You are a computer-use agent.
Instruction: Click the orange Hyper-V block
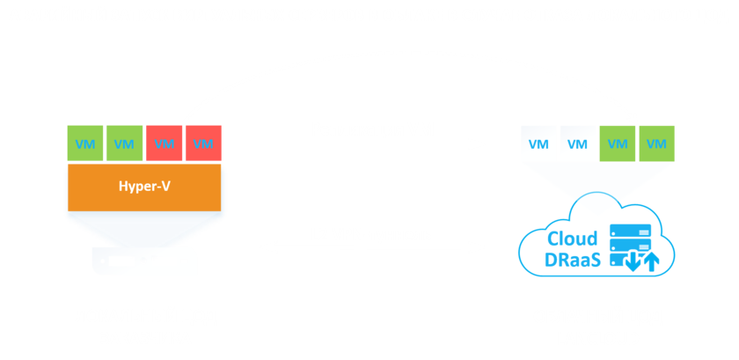point(144,187)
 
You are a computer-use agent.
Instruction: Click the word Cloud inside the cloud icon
point(573,239)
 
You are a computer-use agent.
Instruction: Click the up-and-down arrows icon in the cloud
point(641,261)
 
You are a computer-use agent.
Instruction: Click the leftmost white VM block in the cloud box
point(538,143)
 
